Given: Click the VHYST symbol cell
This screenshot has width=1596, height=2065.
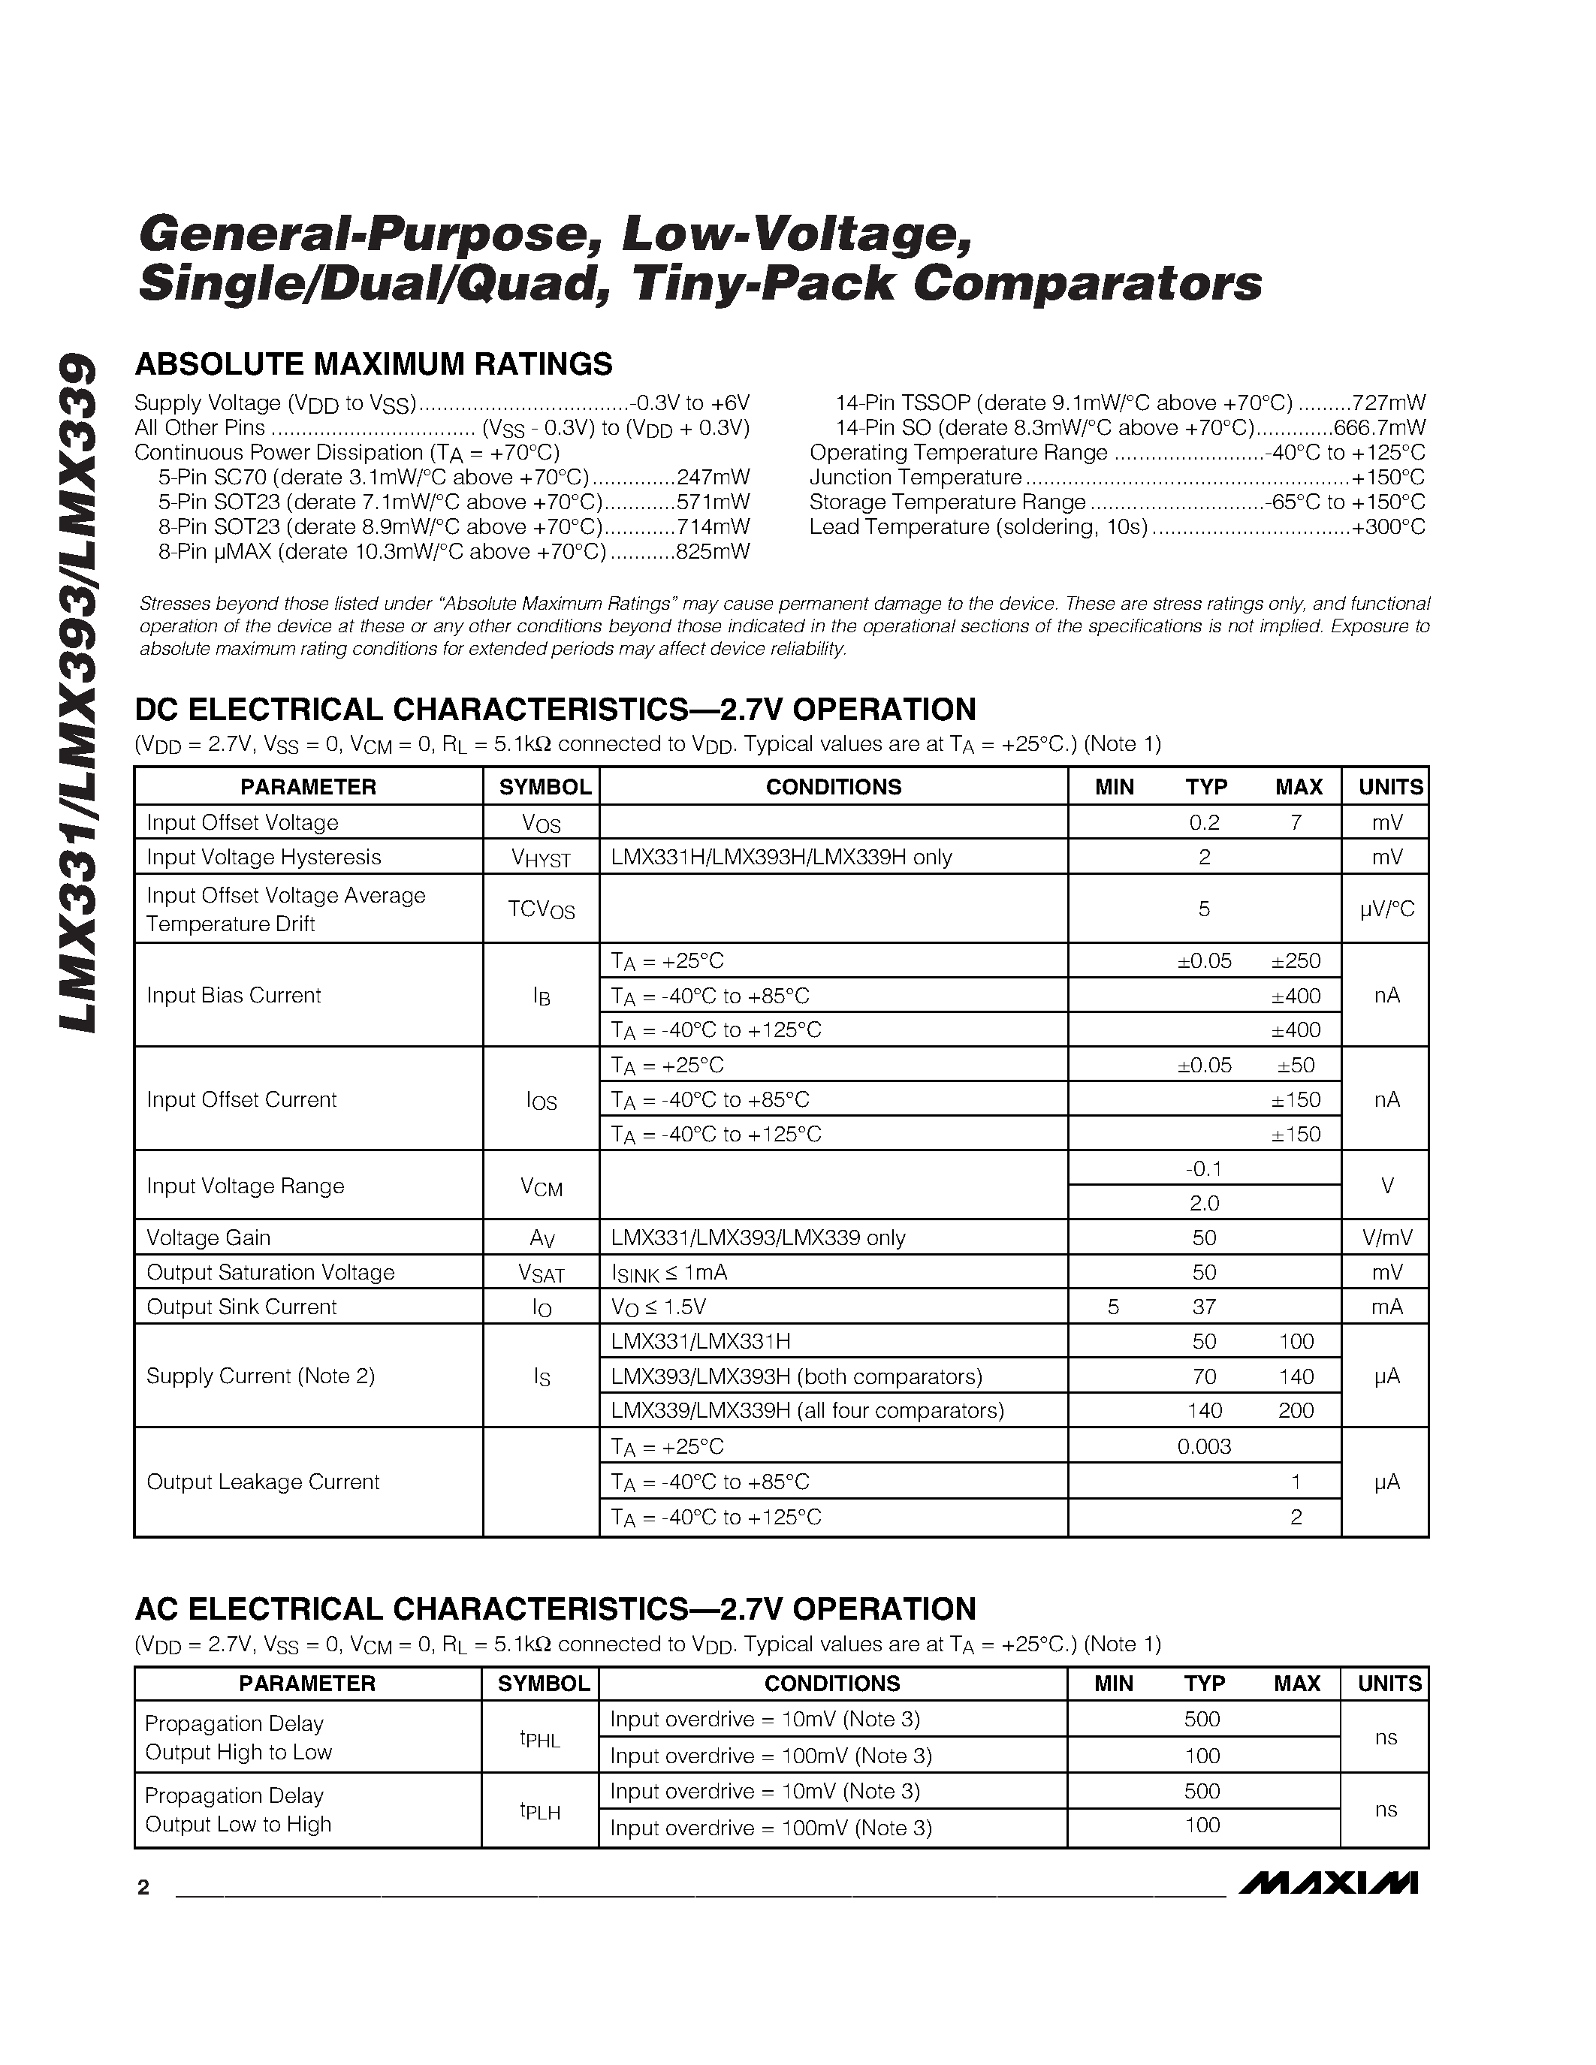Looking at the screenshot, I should coord(541,858).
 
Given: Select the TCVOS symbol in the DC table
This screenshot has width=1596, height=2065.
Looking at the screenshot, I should coord(541,909).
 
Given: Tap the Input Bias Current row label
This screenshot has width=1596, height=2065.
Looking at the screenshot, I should coord(234,995).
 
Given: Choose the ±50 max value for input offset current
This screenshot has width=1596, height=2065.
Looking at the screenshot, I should coord(1296,1065).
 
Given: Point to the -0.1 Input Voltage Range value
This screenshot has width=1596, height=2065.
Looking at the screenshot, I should coord(1204,1168).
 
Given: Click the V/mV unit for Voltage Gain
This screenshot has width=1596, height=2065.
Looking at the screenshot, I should coord(1386,1237).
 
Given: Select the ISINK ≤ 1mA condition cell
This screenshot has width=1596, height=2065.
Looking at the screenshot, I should coord(668,1273).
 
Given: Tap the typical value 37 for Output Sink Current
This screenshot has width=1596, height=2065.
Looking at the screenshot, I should coord(1204,1307).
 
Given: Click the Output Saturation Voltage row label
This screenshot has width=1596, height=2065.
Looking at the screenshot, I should coord(270,1273).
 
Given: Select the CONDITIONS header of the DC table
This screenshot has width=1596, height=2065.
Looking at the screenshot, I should coord(833,787).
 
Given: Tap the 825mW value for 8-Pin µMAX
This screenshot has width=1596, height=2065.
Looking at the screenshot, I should coord(713,551).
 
